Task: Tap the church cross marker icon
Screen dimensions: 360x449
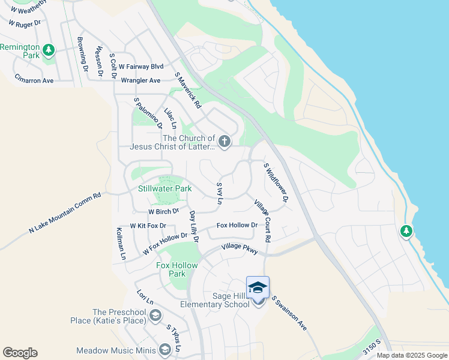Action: click(x=224, y=142)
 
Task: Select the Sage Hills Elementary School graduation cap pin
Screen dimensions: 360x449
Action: click(x=258, y=289)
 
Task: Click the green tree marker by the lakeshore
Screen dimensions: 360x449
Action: click(x=406, y=230)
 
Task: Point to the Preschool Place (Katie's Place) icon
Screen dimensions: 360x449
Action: click(x=155, y=316)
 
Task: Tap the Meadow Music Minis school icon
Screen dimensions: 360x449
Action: click(x=165, y=350)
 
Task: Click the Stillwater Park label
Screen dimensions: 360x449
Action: click(x=164, y=188)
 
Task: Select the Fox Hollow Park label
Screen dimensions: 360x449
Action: click(x=171, y=269)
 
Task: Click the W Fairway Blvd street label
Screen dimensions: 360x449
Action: click(x=141, y=67)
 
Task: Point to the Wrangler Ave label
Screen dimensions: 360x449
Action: click(x=140, y=80)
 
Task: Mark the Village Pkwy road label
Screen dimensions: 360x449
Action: click(x=240, y=248)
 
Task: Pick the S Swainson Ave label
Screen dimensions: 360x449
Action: click(x=289, y=313)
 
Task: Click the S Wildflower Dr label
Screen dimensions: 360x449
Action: click(x=276, y=181)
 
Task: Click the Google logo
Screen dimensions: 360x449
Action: click(x=20, y=353)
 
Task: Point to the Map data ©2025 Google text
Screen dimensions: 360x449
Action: click(x=412, y=355)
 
